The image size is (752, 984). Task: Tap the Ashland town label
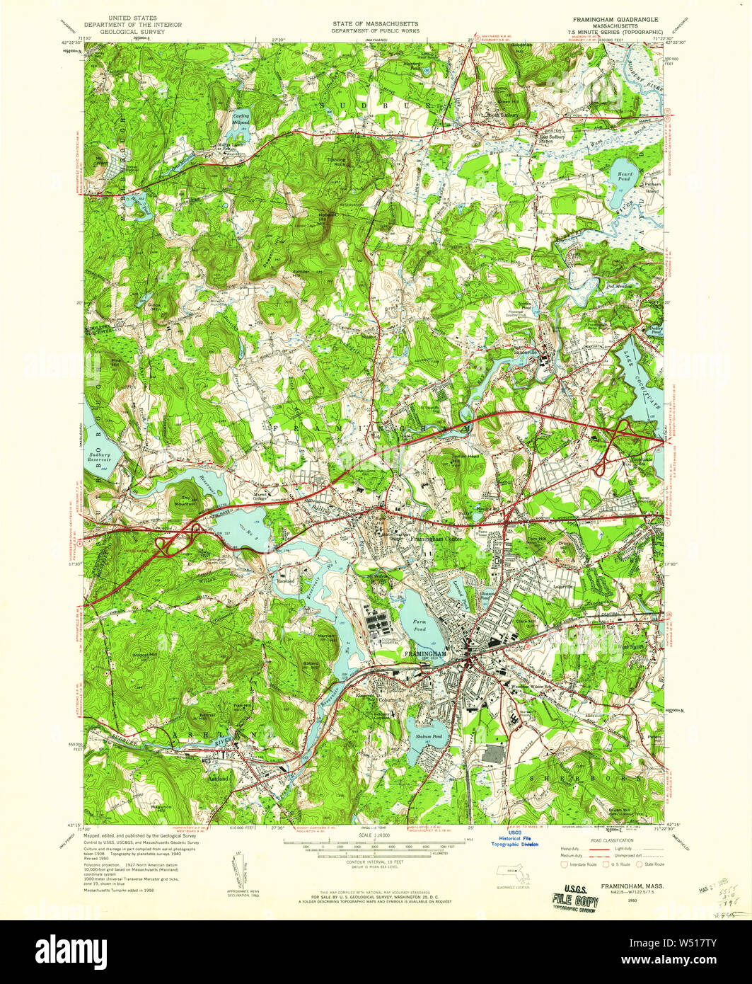click(x=218, y=778)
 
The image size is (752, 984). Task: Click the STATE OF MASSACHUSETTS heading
click(x=376, y=24)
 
